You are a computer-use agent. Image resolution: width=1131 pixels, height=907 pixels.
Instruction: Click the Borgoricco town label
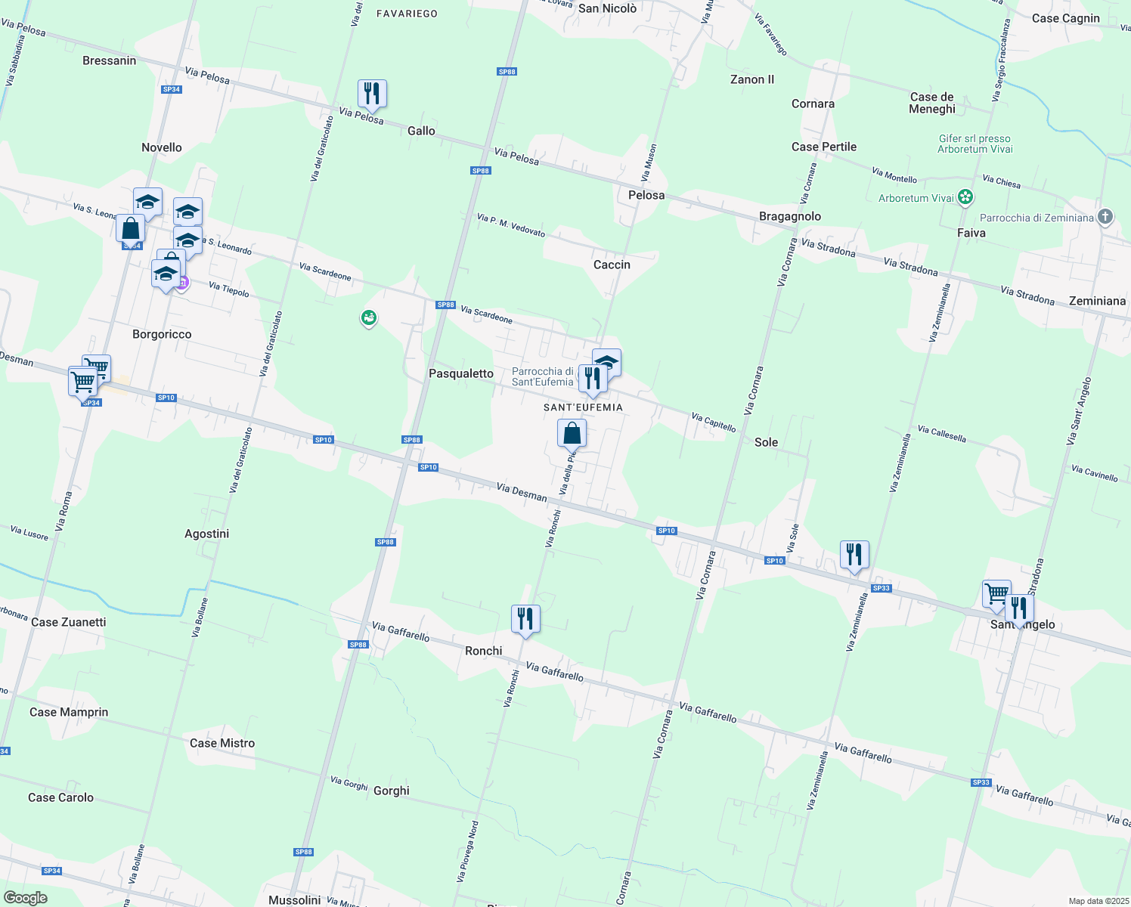point(162,334)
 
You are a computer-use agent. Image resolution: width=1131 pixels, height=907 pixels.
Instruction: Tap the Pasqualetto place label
point(461,373)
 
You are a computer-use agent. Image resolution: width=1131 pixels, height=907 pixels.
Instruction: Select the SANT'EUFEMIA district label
point(583,407)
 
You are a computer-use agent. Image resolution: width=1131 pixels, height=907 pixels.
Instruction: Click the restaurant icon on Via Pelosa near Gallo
point(372,94)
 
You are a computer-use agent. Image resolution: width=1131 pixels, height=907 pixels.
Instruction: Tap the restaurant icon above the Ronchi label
point(525,619)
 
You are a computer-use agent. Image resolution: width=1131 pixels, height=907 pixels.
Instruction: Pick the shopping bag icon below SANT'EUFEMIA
point(572,434)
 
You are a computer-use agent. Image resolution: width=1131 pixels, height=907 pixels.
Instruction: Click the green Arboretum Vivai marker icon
point(965,198)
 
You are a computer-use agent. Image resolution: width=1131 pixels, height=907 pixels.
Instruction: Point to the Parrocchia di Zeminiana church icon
point(1105,218)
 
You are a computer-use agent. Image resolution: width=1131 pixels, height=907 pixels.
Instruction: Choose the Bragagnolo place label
point(790,216)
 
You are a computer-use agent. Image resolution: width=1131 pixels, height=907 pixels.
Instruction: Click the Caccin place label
point(612,265)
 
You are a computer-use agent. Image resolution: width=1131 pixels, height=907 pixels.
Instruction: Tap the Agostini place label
point(206,534)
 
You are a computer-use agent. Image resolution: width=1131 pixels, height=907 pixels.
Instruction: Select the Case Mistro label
point(222,743)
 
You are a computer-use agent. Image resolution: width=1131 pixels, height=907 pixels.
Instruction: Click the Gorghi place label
point(392,791)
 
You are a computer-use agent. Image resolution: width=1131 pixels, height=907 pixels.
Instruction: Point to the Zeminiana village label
point(1097,301)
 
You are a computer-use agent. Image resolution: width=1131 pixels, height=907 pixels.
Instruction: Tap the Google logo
point(26,897)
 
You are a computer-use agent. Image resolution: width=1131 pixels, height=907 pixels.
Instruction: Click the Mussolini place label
point(295,899)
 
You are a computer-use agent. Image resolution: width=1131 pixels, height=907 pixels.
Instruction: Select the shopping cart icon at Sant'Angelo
point(996,594)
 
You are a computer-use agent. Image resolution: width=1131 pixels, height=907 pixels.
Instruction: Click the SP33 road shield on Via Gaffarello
point(981,782)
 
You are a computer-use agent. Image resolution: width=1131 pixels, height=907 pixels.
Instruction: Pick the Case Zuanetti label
point(69,622)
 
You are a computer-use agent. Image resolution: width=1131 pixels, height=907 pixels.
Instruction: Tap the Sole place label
point(766,442)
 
